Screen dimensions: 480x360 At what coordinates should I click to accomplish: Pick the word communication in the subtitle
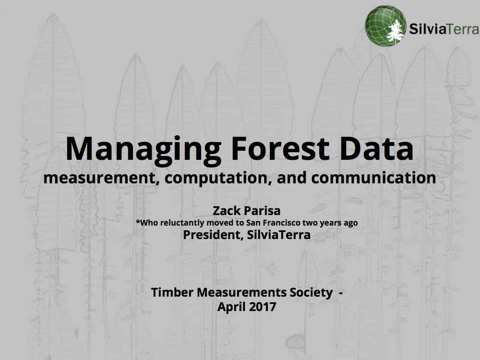point(373,178)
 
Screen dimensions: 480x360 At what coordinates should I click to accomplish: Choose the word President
point(212,235)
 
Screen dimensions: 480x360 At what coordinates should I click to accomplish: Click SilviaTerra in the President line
point(278,235)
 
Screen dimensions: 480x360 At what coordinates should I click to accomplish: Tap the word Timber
point(172,292)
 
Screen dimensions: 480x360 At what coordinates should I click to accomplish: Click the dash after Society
point(341,293)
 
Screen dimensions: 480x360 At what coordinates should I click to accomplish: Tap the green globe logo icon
point(385,25)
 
